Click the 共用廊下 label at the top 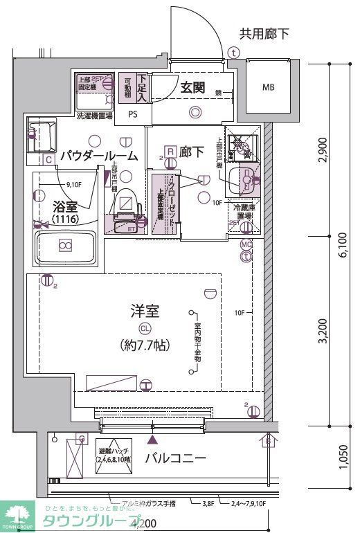tap(264, 33)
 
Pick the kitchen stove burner tap(243, 145)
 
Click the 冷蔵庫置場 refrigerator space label tap(244, 211)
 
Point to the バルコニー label tap(175, 458)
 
